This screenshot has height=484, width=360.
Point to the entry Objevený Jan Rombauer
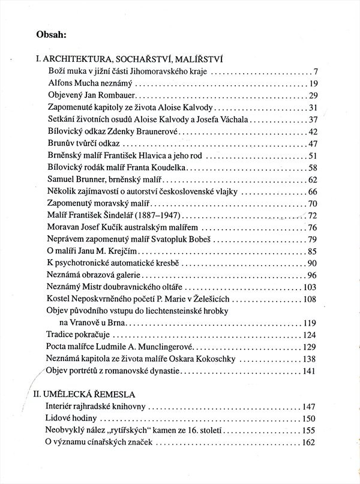(93, 95)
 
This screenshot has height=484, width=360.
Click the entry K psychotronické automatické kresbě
(113, 264)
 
